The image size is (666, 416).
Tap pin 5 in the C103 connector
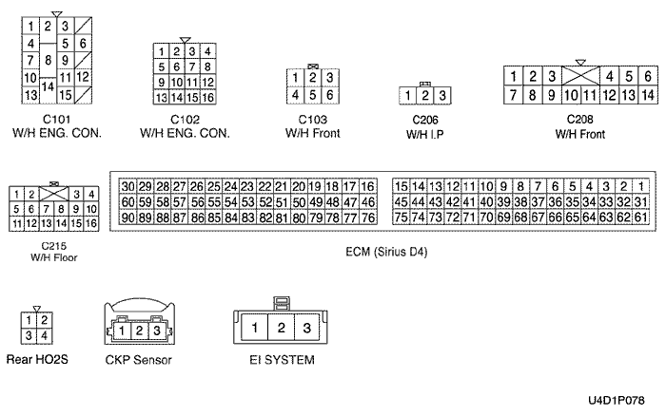312,95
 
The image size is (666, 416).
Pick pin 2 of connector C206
424,96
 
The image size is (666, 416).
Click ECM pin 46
367,201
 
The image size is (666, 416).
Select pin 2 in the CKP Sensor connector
139,331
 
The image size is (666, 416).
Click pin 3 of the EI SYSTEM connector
306,328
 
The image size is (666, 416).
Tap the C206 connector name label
424,120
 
